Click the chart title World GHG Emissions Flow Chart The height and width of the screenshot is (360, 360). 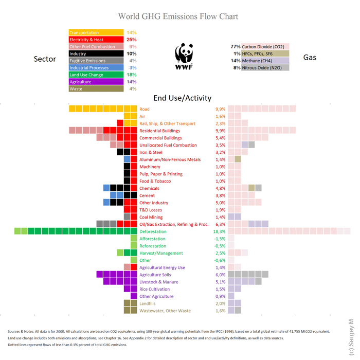pos(178,16)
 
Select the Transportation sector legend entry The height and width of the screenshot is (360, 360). pos(96,33)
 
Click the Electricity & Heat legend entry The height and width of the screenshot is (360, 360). pos(96,40)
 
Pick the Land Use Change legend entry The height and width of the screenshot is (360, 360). pos(96,75)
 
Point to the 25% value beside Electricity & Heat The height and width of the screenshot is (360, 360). pos(131,40)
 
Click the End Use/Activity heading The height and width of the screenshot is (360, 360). pos(182,98)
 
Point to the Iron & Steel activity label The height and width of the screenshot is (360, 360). pos(151,152)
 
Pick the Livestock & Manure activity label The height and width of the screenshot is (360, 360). pos(159,282)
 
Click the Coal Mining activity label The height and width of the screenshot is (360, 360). pos(152,217)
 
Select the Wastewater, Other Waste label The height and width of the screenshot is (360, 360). pos(165,311)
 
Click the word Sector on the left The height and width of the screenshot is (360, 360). pos(45,59)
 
